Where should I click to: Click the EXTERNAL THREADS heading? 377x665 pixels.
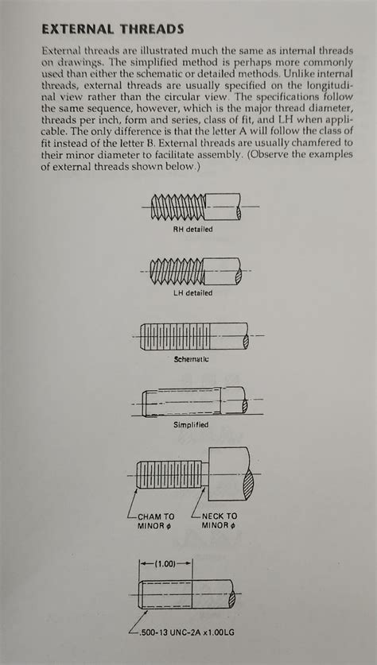tap(112, 29)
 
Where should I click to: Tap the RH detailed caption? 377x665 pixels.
tap(193, 230)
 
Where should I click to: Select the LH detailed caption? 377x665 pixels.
tap(193, 292)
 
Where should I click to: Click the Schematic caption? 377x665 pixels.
tap(191, 359)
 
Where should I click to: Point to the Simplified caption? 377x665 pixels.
tap(191, 425)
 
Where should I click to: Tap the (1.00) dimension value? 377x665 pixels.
tap(167, 563)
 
